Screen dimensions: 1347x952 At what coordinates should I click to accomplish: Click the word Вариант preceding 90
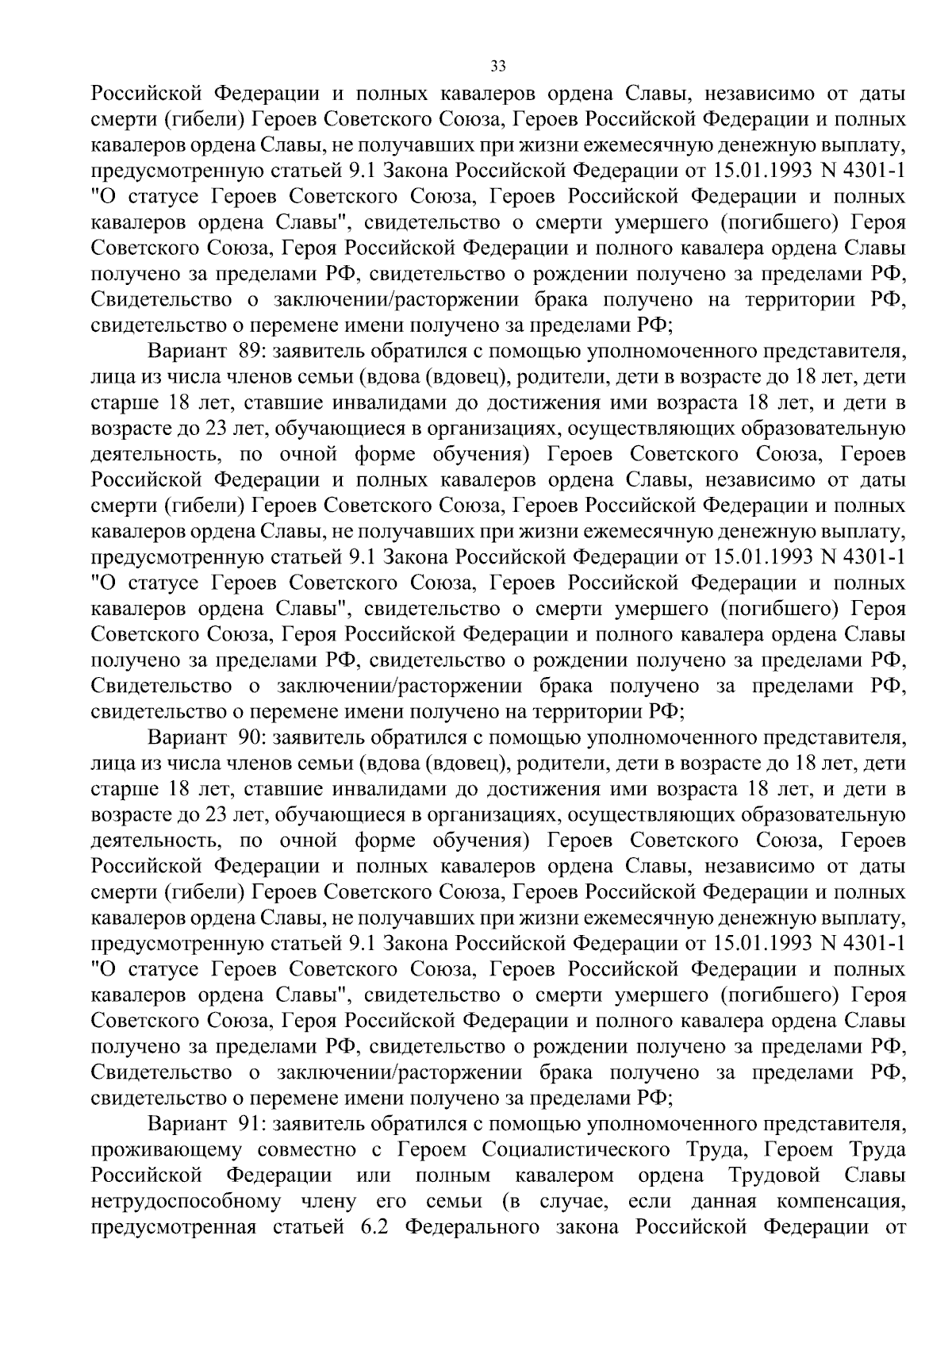(x=187, y=737)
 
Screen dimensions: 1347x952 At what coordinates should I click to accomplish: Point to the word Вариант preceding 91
(x=187, y=1124)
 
